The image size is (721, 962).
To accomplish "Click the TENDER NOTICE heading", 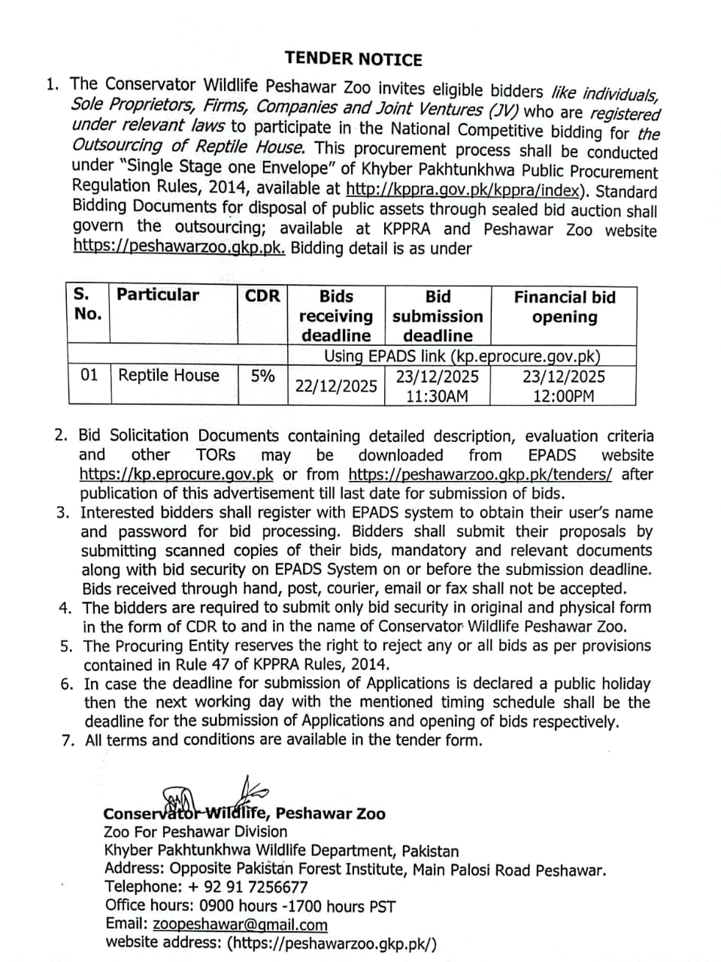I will [x=353, y=59].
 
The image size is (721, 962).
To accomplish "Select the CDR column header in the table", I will [x=262, y=296].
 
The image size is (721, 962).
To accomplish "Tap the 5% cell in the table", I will [x=262, y=376].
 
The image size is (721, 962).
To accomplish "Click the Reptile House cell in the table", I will [x=169, y=376].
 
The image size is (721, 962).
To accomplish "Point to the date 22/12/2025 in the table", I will [x=336, y=386].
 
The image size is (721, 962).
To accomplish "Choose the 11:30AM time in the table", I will [x=437, y=396].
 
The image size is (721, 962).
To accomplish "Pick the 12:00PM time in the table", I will [x=563, y=396].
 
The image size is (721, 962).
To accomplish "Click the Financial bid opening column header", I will [x=564, y=307].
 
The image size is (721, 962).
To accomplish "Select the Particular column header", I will [x=158, y=295].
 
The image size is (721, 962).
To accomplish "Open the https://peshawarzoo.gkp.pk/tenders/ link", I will [x=480, y=474].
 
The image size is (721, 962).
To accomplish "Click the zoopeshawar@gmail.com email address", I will [x=240, y=925].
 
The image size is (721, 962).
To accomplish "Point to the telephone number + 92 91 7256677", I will [x=238, y=887].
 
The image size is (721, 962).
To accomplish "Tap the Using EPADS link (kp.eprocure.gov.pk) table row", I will [x=462, y=355].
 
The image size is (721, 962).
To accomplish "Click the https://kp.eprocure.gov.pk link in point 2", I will [x=176, y=474].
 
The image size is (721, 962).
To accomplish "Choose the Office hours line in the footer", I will [x=250, y=906].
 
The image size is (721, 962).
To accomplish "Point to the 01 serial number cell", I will [x=89, y=375].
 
